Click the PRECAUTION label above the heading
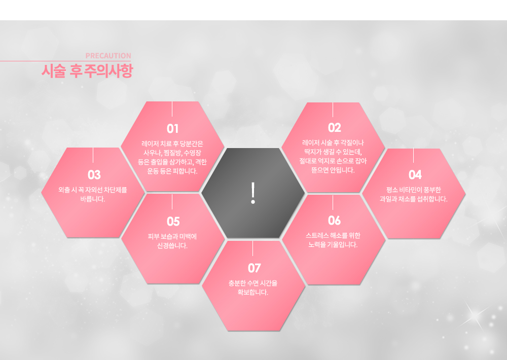click(x=108, y=56)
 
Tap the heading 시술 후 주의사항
click(x=87, y=71)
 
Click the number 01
click(x=173, y=129)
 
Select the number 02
click(x=334, y=128)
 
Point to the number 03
click(x=94, y=175)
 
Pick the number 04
click(x=415, y=175)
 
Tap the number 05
click(x=173, y=222)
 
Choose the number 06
click(x=334, y=221)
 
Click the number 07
click(x=254, y=268)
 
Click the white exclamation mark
click(x=253, y=193)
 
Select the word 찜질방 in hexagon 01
click(x=172, y=153)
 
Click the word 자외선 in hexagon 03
click(x=94, y=190)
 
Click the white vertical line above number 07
click(x=253, y=248)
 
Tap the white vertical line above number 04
click(x=414, y=155)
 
